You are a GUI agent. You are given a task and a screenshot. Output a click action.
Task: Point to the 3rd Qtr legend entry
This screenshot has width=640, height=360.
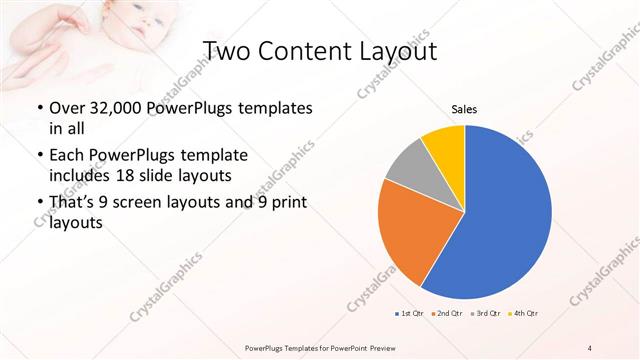(485, 314)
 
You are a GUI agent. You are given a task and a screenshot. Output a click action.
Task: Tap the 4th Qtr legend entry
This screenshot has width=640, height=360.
(523, 314)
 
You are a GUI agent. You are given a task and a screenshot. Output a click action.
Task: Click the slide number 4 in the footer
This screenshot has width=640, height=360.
(590, 347)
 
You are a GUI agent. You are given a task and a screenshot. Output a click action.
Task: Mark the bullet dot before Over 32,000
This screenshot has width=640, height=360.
(39, 108)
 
